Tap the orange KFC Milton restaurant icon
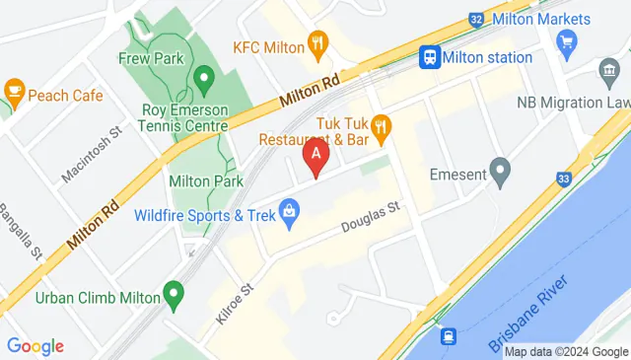(x=316, y=43)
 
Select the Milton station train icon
(x=429, y=57)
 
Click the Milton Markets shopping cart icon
(x=566, y=41)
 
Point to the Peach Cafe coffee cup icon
(x=15, y=91)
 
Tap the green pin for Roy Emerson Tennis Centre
(x=204, y=76)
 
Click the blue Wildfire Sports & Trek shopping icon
(x=289, y=209)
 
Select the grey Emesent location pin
(x=501, y=175)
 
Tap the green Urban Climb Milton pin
(x=174, y=293)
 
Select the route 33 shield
(x=562, y=179)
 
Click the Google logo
(x=35, y=346)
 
